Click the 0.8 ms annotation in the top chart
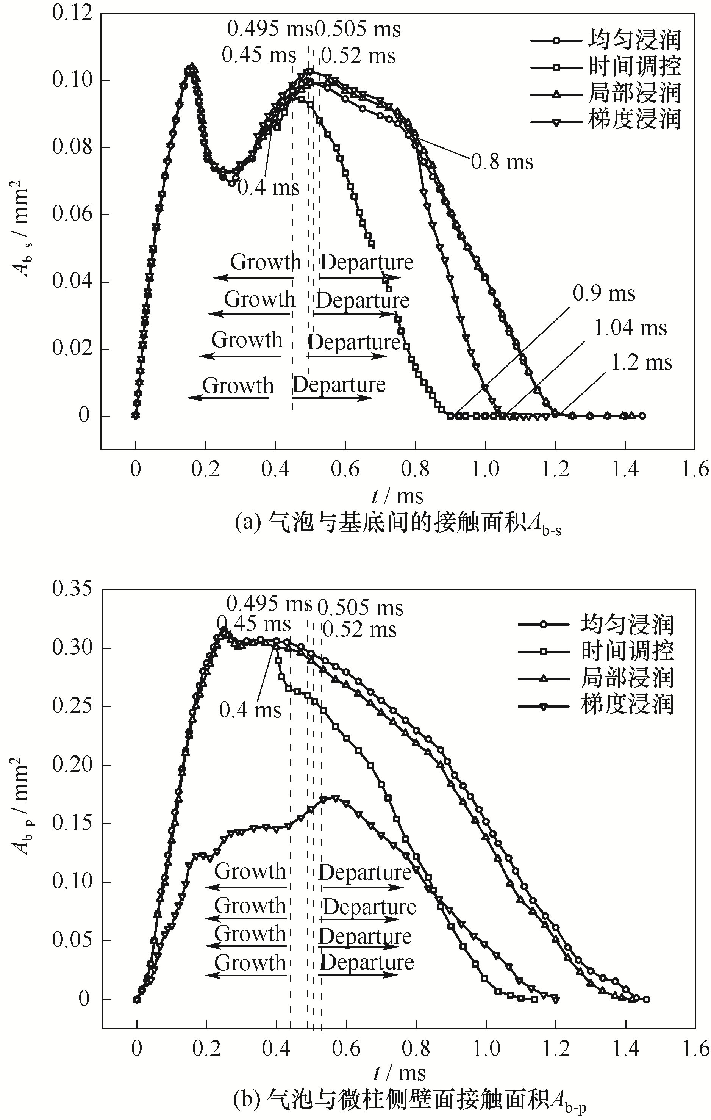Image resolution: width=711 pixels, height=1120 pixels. tap(502, 162)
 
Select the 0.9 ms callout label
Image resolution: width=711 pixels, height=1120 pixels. tap(604, 293)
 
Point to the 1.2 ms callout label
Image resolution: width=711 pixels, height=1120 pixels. tap(641, 362)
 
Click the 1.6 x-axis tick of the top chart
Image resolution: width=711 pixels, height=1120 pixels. tap(695, 469)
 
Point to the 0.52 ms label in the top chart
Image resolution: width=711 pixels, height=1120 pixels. tap(358, 56)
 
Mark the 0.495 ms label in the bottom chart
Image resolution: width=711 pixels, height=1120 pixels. tap(269, 604)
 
